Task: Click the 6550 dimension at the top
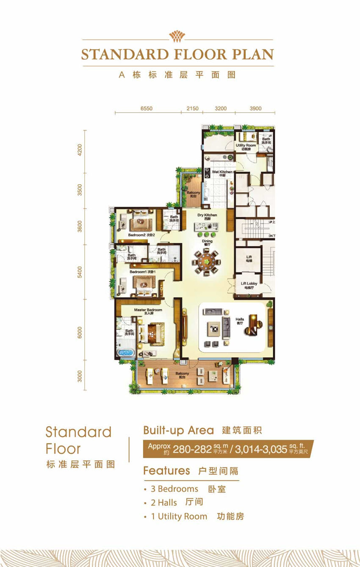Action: pos(146,108)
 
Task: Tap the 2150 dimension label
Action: pos(192,108)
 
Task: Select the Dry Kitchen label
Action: pos(207,215)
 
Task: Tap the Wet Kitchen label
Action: pos(222,172)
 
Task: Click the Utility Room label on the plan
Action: pos(245,146)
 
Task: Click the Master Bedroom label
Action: pos(148,310)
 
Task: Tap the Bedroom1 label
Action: pos(137,272)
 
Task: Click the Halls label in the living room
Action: pos(240,320)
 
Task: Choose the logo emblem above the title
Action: pos(177,36)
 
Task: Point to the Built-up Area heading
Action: pos(178,431)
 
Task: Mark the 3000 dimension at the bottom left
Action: pos(80,376)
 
